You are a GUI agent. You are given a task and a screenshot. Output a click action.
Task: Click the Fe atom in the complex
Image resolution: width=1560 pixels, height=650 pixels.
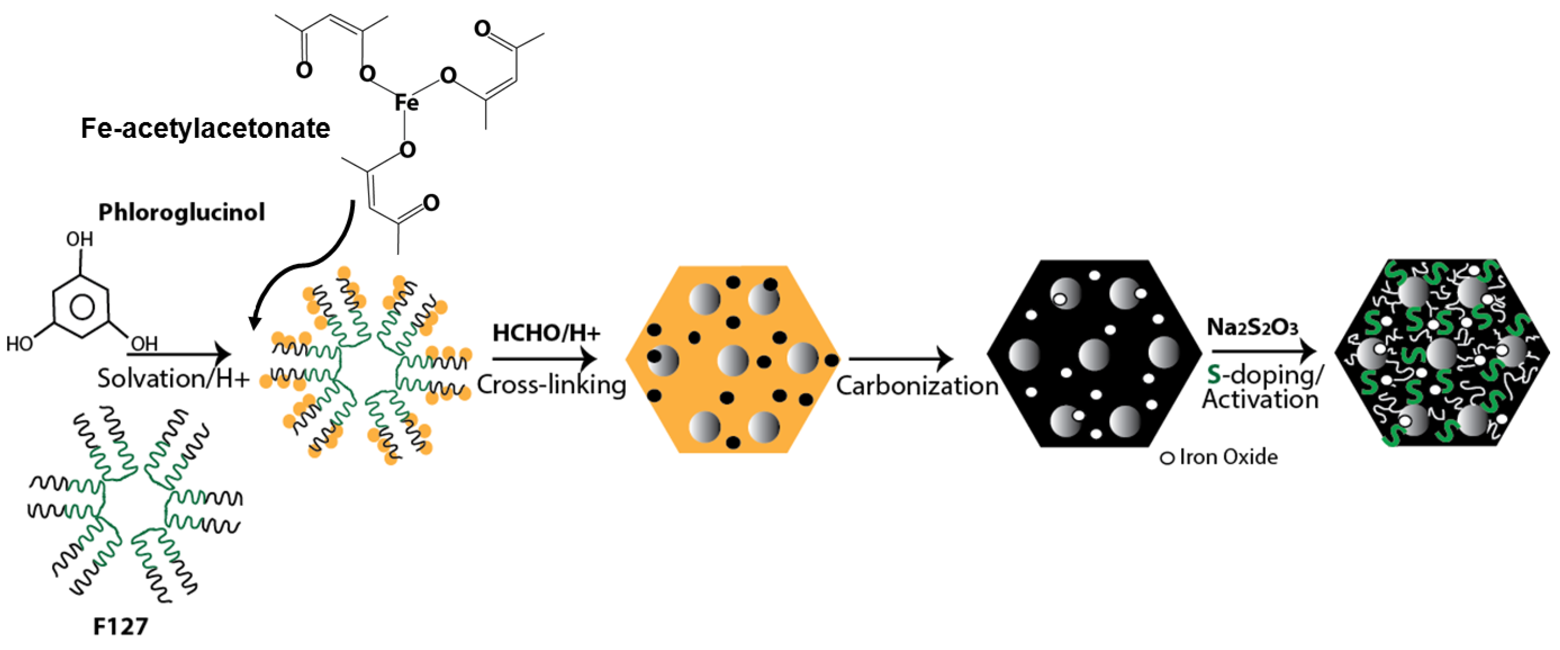[x=407, y=102]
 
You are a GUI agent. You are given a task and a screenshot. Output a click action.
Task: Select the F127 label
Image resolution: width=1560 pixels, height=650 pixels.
[x=120, y=626]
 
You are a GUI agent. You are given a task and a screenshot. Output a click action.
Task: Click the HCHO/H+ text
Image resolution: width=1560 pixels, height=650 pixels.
[x=546, y=333]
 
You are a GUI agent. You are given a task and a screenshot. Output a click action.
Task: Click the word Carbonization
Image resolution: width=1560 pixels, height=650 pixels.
[x=917, y=386]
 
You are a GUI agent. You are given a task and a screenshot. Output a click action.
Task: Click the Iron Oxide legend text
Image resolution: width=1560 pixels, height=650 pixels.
[x=1228, y=457]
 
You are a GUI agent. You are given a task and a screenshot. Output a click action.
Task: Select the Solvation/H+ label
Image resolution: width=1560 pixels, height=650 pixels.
[x=173, y=379]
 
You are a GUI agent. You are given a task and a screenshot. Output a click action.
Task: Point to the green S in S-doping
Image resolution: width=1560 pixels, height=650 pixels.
[x=1214, y=375]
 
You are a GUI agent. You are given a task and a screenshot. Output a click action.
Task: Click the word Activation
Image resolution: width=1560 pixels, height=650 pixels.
[x=1261, y=400]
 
